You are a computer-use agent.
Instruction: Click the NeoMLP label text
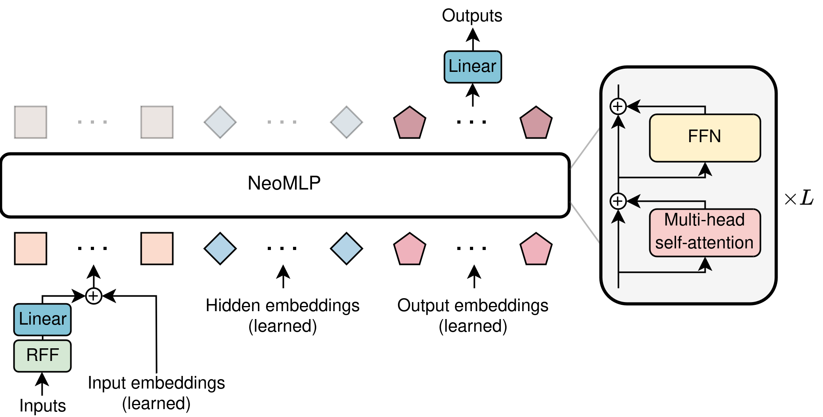(284, 183)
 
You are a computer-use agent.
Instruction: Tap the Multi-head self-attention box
(705, 233)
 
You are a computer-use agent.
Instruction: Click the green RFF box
(42, 355)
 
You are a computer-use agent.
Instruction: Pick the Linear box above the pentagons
(472, 67)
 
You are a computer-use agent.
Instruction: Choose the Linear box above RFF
(42, 319)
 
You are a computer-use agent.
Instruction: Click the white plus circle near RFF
(94, 296)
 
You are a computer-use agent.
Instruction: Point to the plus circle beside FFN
(618, 106)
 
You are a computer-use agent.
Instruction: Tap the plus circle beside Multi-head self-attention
(618, 201)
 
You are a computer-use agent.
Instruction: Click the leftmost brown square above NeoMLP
(31, 122)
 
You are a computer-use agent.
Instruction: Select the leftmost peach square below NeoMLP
(31, 248)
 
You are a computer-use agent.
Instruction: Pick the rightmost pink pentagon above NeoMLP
(536, 123)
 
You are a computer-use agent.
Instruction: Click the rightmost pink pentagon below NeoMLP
(536, 250)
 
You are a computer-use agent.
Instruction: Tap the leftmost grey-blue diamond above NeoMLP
(220, 122)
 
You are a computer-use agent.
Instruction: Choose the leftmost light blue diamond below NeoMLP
(220, 248)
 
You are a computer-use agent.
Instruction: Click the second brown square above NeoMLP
(157, 122)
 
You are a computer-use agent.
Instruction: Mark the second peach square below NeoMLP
(157, 248)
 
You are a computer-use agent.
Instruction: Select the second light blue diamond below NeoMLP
(346, 248)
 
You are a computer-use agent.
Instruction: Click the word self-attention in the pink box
(704, 242)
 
